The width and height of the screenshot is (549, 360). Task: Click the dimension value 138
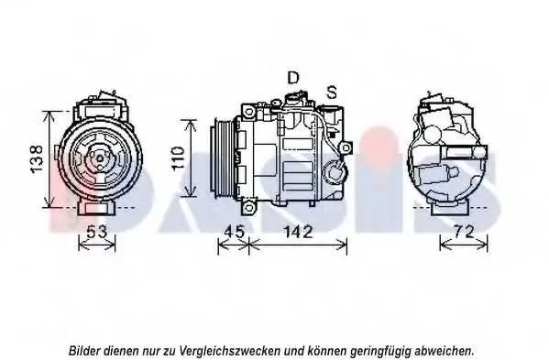pyautogui.click(x=37, y=158)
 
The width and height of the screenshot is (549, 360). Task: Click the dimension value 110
pyautogui.click(x=178, y=158)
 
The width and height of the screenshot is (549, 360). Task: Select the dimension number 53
pyautogui.click(x=96, y=231)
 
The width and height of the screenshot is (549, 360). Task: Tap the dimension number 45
pyautogui.click(x=235, y=231)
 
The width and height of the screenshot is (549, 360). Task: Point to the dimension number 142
pyautogui.click(x=297, y=232)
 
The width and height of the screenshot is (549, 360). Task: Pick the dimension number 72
pyautogui.click(x=465, y=231)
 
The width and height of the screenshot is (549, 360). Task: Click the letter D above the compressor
pyautogui.click(x=293, y=78)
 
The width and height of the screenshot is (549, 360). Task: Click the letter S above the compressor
pyautogui.click(x=332, y=92)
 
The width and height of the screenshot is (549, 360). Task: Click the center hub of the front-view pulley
pyautogui.click(x=100, y=158)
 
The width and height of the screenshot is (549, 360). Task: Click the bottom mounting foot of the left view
pyautogui.click(x=96, y=208)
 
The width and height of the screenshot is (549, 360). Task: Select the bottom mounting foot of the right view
pyautogui.click(x=450, y=208)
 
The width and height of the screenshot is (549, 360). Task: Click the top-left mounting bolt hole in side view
pyautogui.click(x=248, y=112)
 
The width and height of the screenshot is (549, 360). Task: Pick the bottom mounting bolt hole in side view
pyautogui.click(x=248, y=207)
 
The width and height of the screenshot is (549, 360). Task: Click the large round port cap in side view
pyautogui.click(x=335, y=172)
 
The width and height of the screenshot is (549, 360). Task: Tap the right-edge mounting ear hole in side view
pyautogui.click(x=346, y=147)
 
